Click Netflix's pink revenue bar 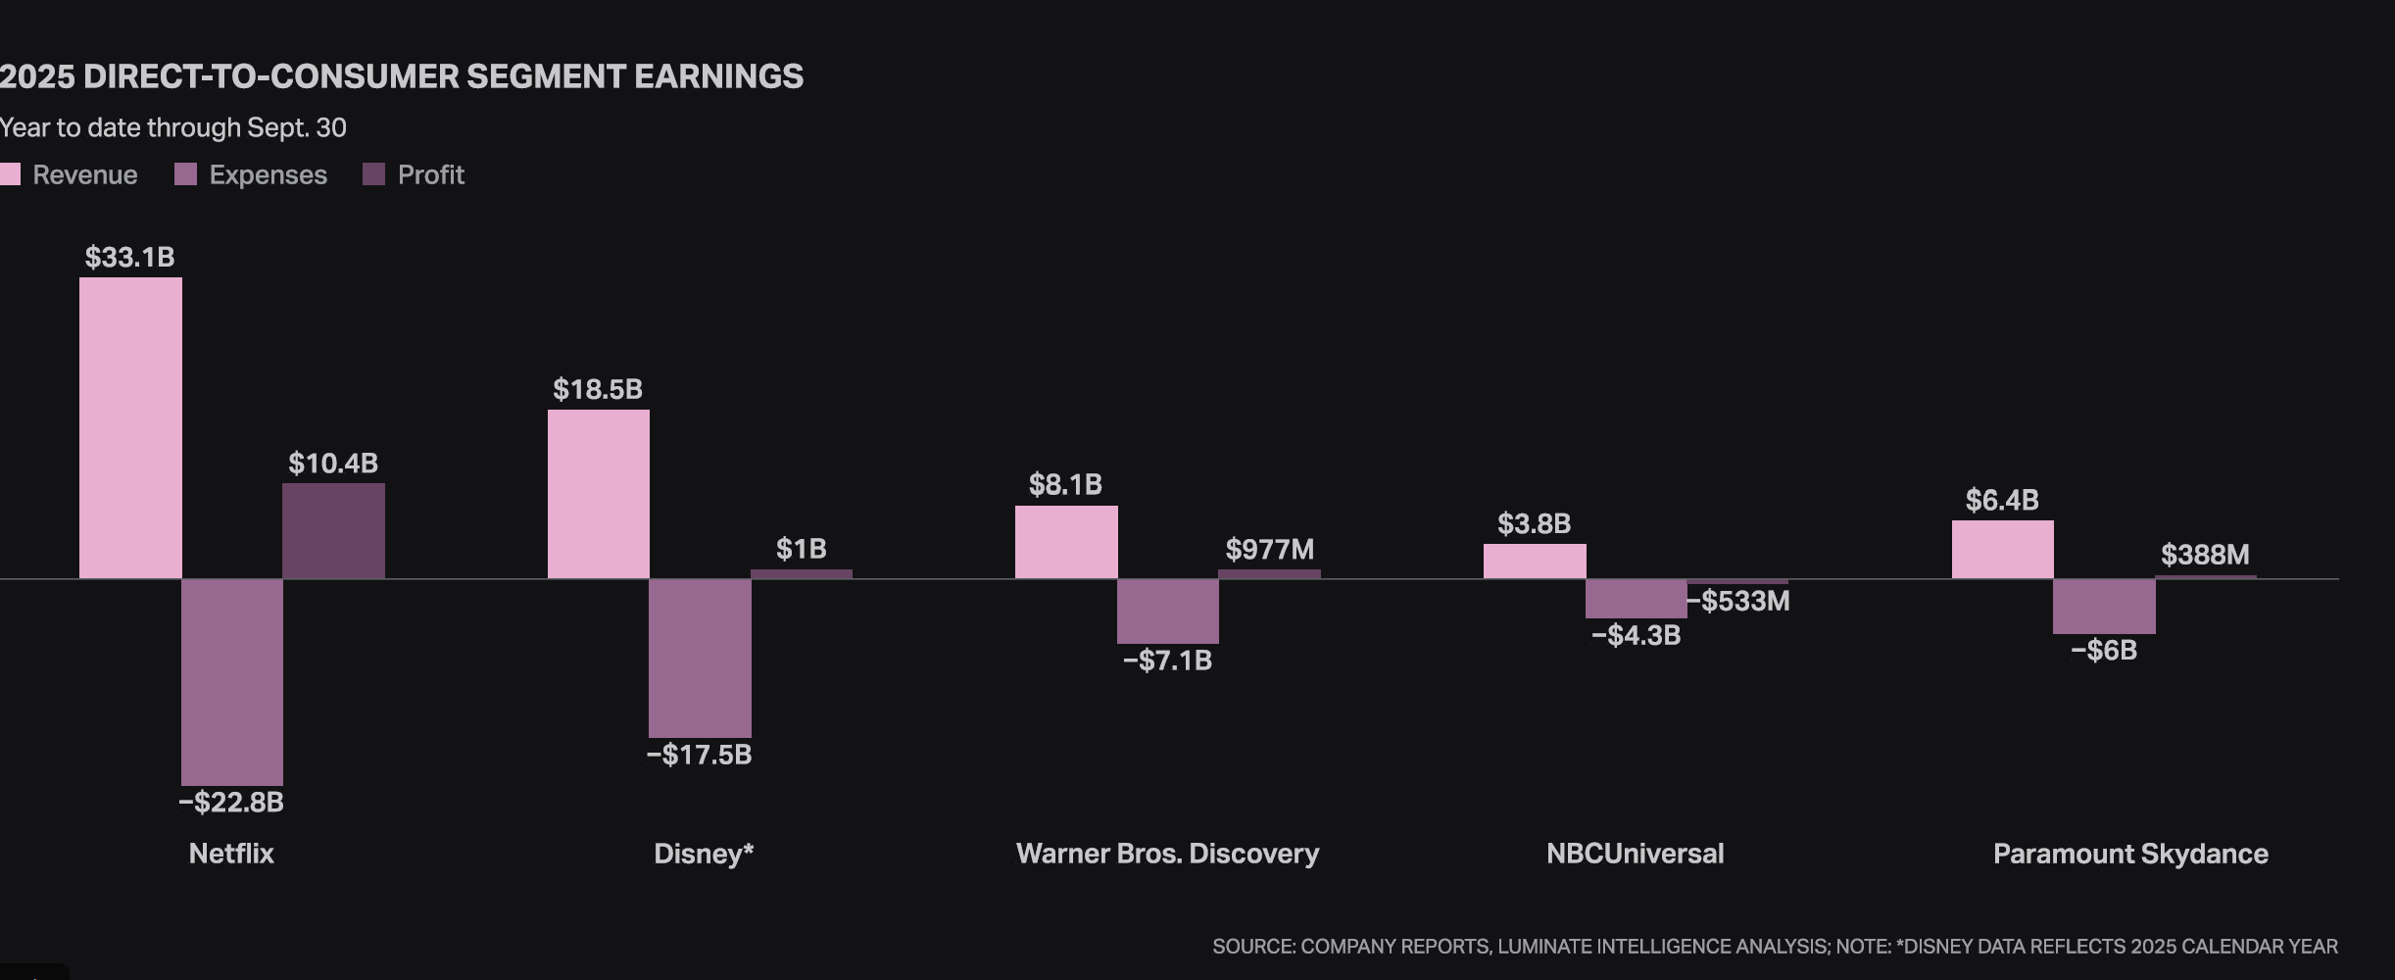[x=130, y=427]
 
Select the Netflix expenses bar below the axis [x=232, y=681]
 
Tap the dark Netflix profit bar [x=333, y=530]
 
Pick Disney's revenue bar [x=598, y=494]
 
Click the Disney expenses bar [x=700, y=658]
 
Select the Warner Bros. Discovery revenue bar [x=1066, y=542]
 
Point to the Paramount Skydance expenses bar [x=2104, y=606]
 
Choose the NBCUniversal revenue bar [x=1535, y=561]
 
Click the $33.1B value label [x=129, y=258]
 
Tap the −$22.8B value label [x=231, y=803]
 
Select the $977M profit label [x=1270, y=550]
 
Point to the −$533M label [x=1738, y=602]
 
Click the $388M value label [x=2205, y=556]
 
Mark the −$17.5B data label [x=700, y=755]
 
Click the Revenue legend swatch [x=10, y=174]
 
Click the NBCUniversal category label [x=1635, y=854]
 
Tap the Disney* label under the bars [x=704, y=854]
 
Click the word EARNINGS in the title [x=718, y=76]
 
